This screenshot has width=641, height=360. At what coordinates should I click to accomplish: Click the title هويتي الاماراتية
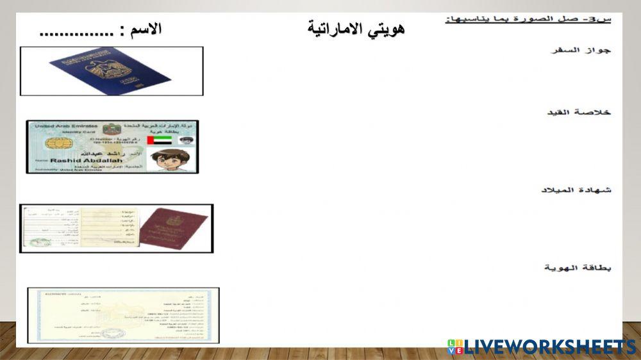(x=356, y=29)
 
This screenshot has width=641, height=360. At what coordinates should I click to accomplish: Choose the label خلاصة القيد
(x=578, y=112)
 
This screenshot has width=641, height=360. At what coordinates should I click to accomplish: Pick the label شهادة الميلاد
(x=576, y=190)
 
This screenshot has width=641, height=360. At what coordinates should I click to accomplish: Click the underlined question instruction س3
(x=528, y=19)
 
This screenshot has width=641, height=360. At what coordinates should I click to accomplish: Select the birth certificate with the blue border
(x=123, y=315)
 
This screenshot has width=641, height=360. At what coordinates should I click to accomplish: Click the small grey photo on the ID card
(x=187, y=140)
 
